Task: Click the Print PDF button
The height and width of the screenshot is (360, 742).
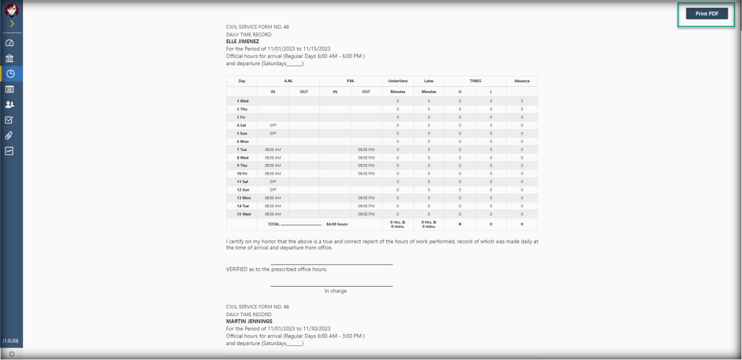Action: point(706,14)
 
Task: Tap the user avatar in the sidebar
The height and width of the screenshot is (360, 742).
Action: point(11,10)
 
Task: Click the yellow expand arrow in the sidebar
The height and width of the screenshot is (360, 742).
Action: point(11,24)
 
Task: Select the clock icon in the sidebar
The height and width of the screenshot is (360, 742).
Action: point(10,73)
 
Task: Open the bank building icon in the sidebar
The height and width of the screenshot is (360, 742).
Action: point(10,58)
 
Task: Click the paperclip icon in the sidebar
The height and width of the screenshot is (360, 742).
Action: point(10,136)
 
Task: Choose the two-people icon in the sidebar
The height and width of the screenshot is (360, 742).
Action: point(10,104)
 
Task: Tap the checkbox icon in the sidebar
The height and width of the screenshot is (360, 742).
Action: point(10,120)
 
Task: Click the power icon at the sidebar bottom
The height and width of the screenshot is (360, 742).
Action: point(11,353)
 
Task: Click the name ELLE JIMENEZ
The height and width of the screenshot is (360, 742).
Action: point(242,42)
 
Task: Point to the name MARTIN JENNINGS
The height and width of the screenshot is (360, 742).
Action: point(249,322)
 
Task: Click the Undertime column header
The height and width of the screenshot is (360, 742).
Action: point(397,81)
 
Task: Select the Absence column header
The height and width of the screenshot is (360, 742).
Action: point(522,81)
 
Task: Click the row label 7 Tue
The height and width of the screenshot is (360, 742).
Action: point(242,149)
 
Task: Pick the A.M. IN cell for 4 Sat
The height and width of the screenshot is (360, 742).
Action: point(273,125)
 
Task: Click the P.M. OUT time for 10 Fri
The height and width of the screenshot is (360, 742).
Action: point(366,173)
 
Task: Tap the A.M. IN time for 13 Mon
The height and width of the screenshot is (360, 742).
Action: point(273,198)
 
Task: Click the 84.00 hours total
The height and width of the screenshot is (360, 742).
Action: point(337,224)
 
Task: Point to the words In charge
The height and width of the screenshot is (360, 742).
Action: point(335,291)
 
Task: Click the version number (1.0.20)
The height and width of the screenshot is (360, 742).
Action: point(10,341)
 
